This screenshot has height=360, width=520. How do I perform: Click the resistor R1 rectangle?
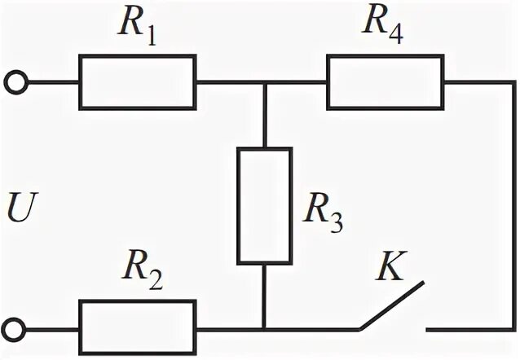pyautogui.click(x=137, y=82)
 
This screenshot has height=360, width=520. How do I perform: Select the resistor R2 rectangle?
pyautogui.click(x=137, y=315)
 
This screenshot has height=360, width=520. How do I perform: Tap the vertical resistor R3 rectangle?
pyautogui.click(x=264, y=206)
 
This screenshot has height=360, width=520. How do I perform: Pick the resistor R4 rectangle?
pyautogui.click(x=385, y=82)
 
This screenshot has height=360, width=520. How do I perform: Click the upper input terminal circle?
pyautogui.click(x=15, y=82)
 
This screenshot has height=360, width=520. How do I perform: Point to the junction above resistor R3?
pyautogui.click(x=264, y=82)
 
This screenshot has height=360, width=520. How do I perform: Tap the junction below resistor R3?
pyautogui.click(x=264, y=329)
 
